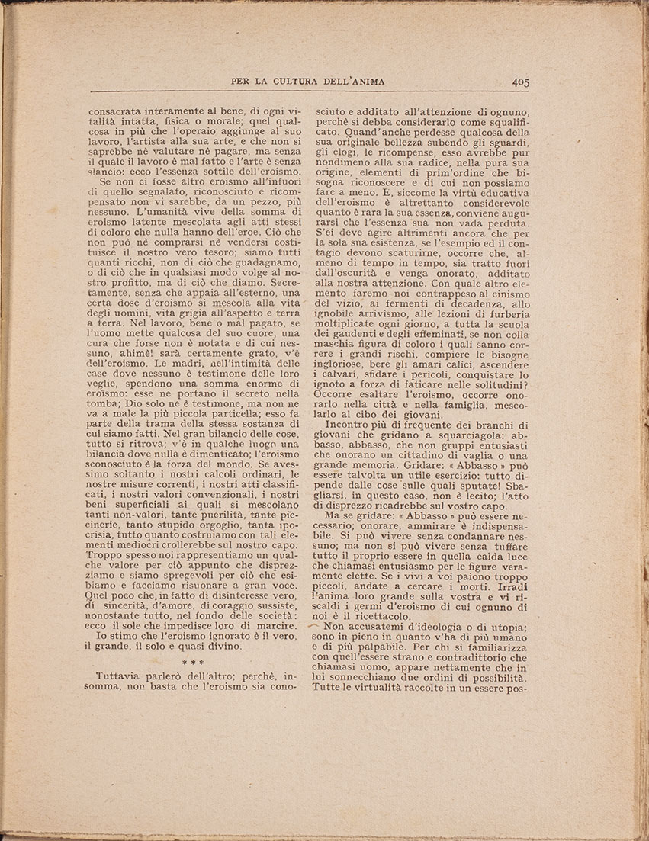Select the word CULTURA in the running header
(297, 82)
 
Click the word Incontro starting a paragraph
(357, 425)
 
